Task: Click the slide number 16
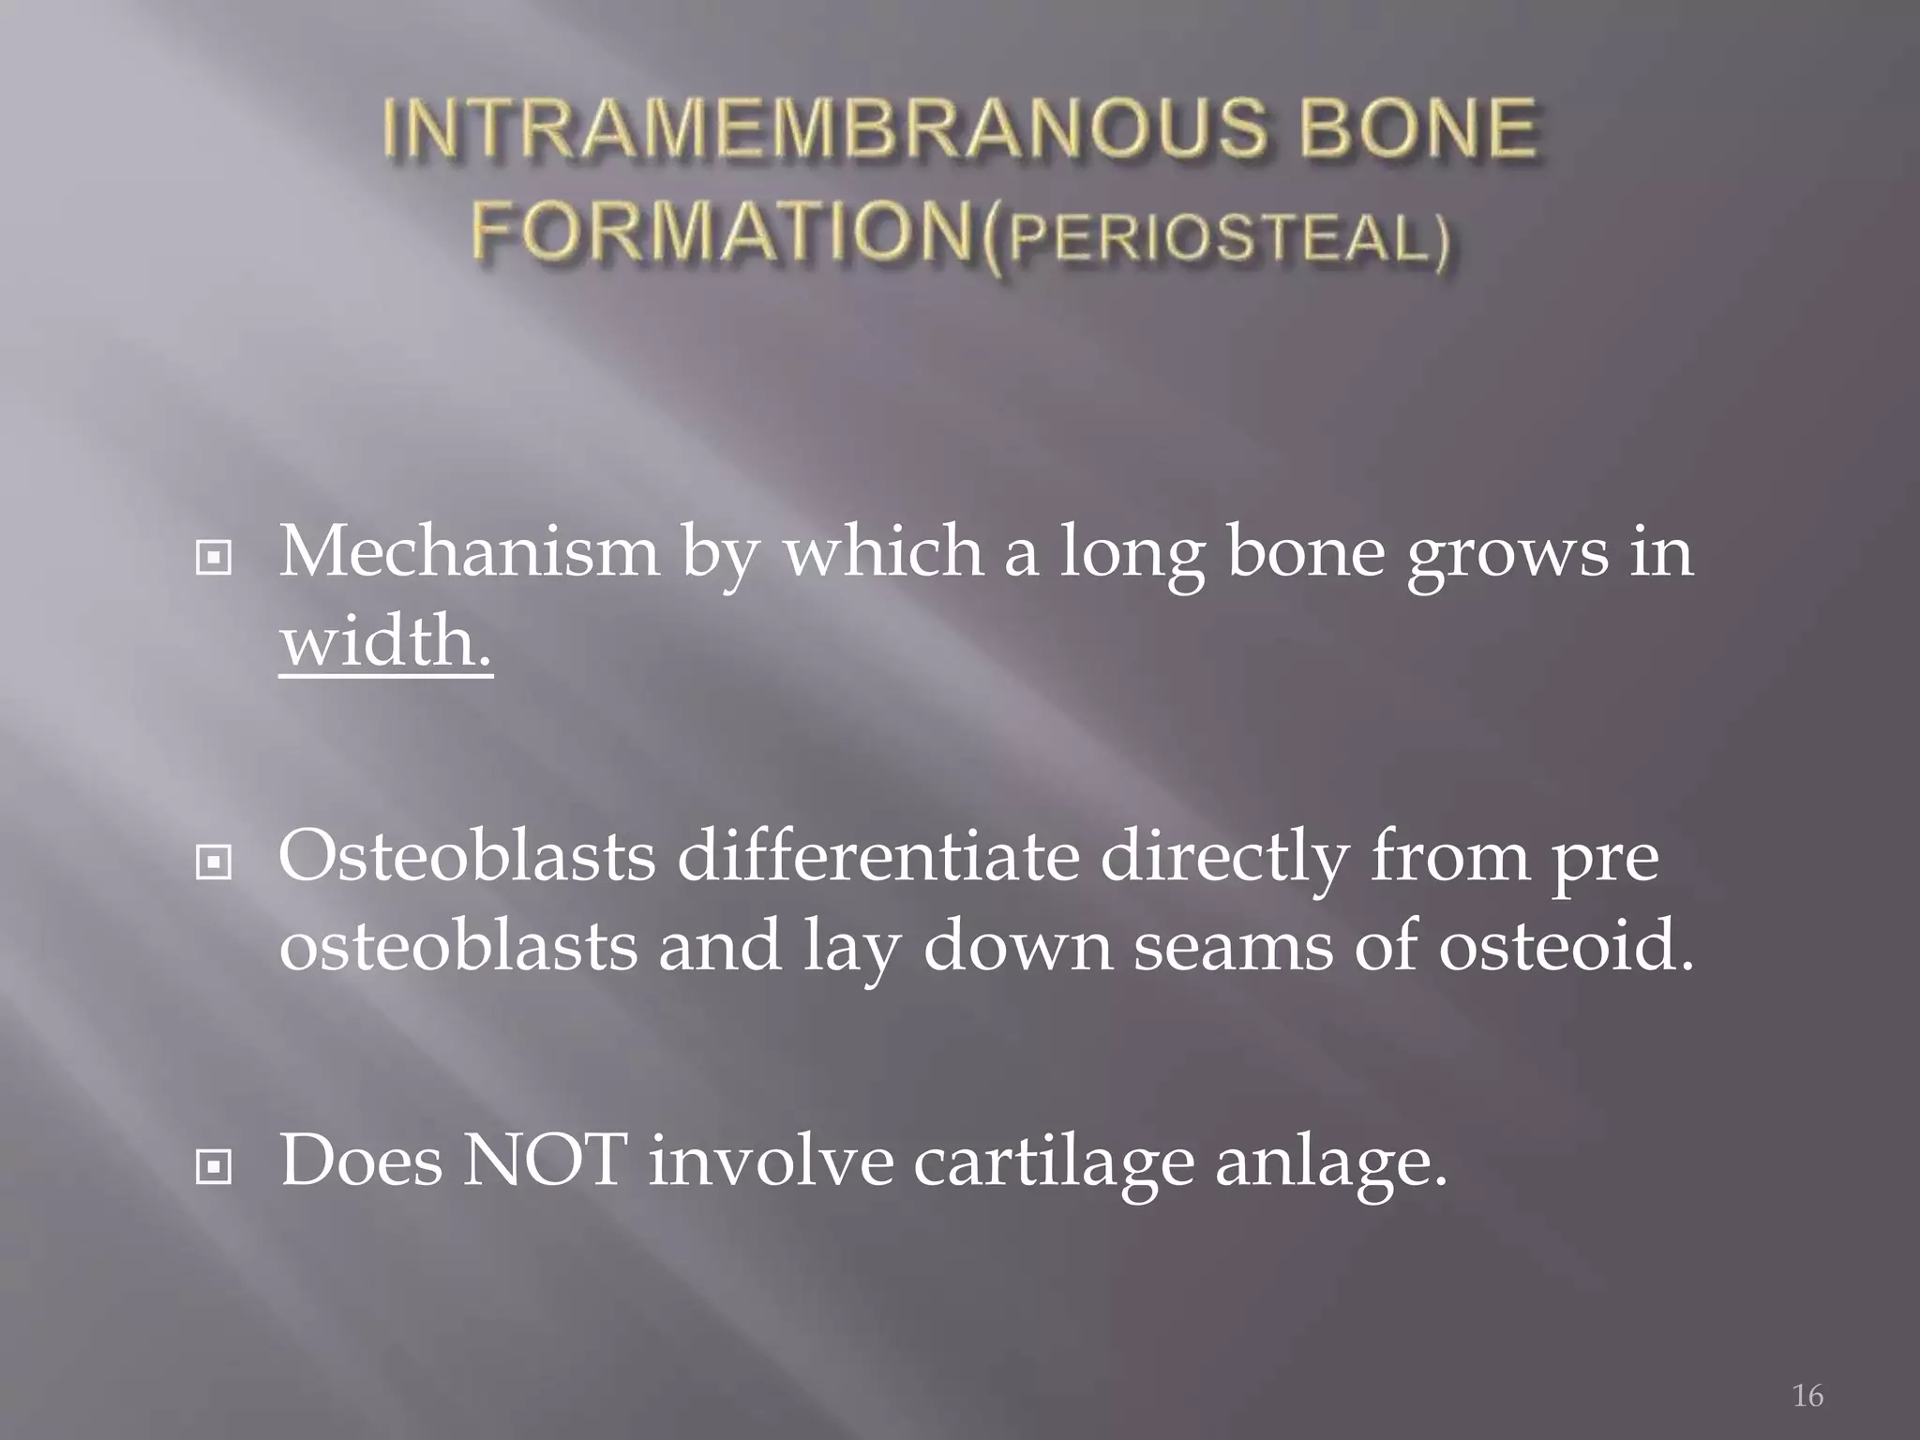(x=1807, y=1396)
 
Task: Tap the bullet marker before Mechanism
(x=214, y=559)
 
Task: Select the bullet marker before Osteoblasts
(x=214, y=862)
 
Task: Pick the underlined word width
(x=384, y=643)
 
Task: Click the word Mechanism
(x=469, y=553)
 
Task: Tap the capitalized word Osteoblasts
(x=467, y=857)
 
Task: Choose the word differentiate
(x=877, y=857)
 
